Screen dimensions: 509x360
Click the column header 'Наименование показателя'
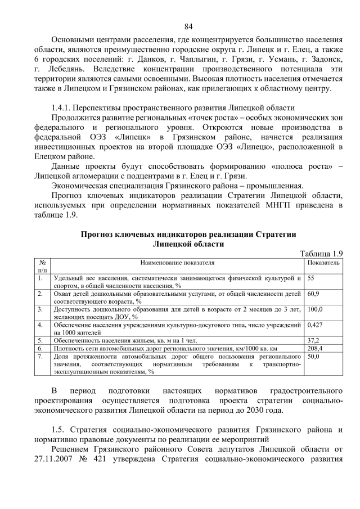tap(177, 263)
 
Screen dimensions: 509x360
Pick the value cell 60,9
tap(313, 294)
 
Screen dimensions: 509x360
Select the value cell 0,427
tap(316, 325)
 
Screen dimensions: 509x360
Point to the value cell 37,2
tap(313, 340)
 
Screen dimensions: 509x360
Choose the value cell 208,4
tap(315, 348)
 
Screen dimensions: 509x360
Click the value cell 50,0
tap(313, 356)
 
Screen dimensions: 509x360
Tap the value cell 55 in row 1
tap(311, 278)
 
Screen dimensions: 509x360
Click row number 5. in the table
tap(40, 340)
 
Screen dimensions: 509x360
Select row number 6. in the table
tap(40, 348)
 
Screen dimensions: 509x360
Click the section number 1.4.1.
tap(61, 107)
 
